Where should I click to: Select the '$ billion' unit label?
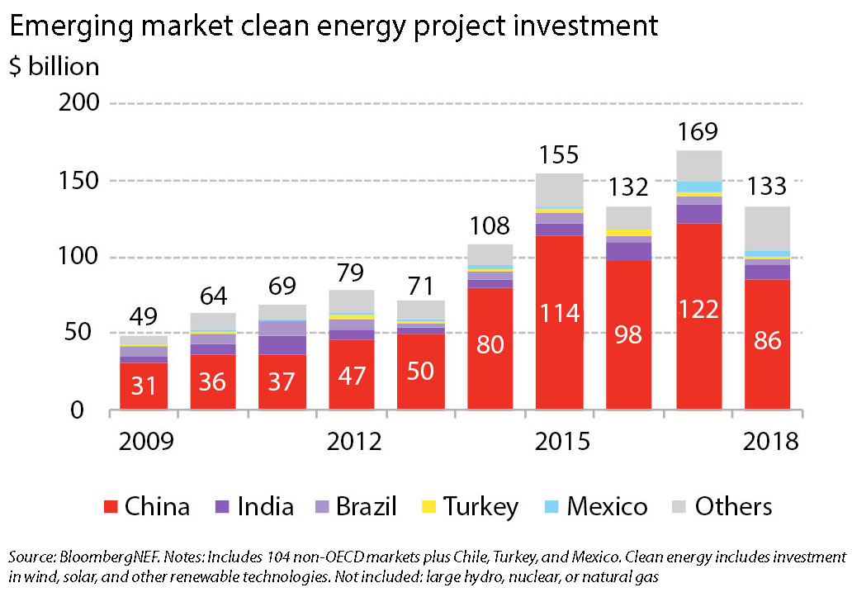click(54, 66)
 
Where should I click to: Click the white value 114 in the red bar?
click(560, 314)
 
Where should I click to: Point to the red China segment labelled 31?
click(144, 386)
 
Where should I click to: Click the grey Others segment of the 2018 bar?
click(768, 228)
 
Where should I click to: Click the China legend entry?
click(145, 506)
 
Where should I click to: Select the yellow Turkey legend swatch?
click(428, 507)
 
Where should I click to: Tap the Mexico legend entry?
click(598, 506)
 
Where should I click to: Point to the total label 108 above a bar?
click(490, 226)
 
